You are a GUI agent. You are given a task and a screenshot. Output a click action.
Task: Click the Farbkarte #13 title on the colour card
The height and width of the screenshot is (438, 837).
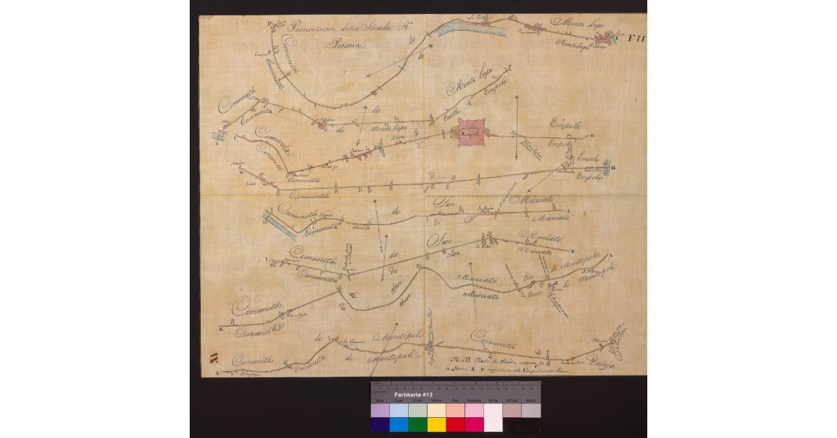414,395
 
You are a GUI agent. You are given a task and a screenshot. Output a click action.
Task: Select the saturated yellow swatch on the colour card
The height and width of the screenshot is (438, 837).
437,424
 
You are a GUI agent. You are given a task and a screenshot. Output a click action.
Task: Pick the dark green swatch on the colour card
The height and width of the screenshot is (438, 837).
418,424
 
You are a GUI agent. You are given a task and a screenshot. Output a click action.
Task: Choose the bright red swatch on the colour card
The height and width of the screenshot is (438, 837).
455,424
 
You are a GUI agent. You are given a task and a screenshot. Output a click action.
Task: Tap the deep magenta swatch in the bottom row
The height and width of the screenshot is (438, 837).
474,424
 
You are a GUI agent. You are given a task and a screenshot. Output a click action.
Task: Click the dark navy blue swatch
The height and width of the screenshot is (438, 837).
380,424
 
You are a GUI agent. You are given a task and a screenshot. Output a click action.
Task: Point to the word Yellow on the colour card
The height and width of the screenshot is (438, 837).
437,401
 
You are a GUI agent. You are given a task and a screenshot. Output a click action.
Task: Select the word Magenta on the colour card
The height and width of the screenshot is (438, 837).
474,401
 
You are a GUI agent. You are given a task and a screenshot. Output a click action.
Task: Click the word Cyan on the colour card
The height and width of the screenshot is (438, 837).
399,401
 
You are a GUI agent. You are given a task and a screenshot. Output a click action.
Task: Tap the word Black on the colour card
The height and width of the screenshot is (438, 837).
531,401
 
